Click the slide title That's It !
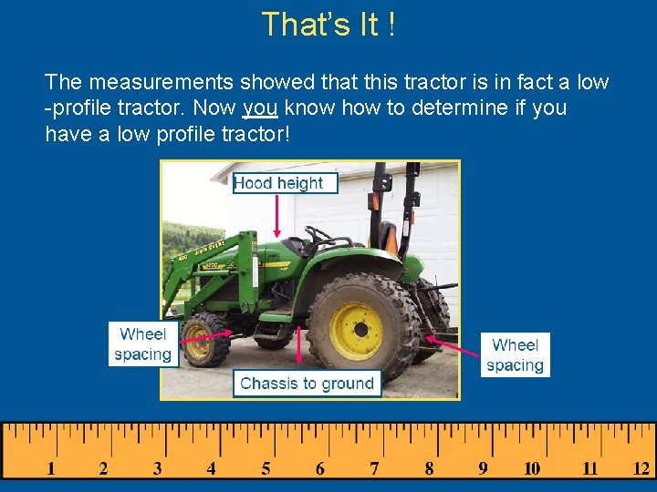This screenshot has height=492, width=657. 328,25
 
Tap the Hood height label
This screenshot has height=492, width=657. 278,183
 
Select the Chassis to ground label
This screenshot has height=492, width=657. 307,384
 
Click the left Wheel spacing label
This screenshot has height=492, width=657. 142,344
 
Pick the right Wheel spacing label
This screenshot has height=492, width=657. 515,355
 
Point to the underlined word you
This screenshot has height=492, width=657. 259,108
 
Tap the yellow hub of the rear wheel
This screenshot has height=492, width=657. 356,331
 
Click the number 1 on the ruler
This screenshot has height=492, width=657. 50,469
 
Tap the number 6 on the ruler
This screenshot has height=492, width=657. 319,469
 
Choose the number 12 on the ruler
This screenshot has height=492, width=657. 641,469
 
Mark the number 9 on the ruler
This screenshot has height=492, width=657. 483,469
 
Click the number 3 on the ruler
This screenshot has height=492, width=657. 157,469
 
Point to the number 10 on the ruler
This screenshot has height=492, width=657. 532,469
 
